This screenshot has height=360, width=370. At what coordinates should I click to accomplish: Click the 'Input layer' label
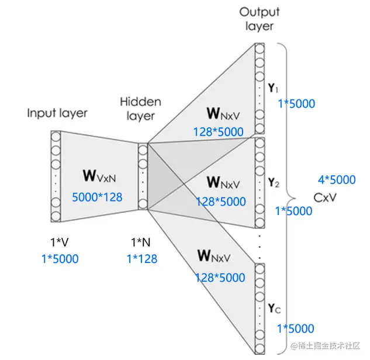click(x=57, y=113)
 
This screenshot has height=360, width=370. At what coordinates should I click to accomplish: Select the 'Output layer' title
click(x=259, y=19)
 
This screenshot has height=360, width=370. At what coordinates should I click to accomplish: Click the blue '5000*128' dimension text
click(x=97, y=197)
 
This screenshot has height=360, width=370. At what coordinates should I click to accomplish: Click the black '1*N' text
click(x=141, y=241)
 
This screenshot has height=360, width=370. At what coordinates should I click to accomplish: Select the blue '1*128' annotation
click(x=142, y=258)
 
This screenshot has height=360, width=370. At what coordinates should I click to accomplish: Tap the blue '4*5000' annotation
click(x=336, y=179)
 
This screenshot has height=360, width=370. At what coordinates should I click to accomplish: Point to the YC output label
click(x=274, y=307)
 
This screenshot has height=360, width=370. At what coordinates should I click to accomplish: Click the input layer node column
click(x=56, y=176)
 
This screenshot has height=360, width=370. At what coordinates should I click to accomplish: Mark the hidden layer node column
click(x=143, y=176)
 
